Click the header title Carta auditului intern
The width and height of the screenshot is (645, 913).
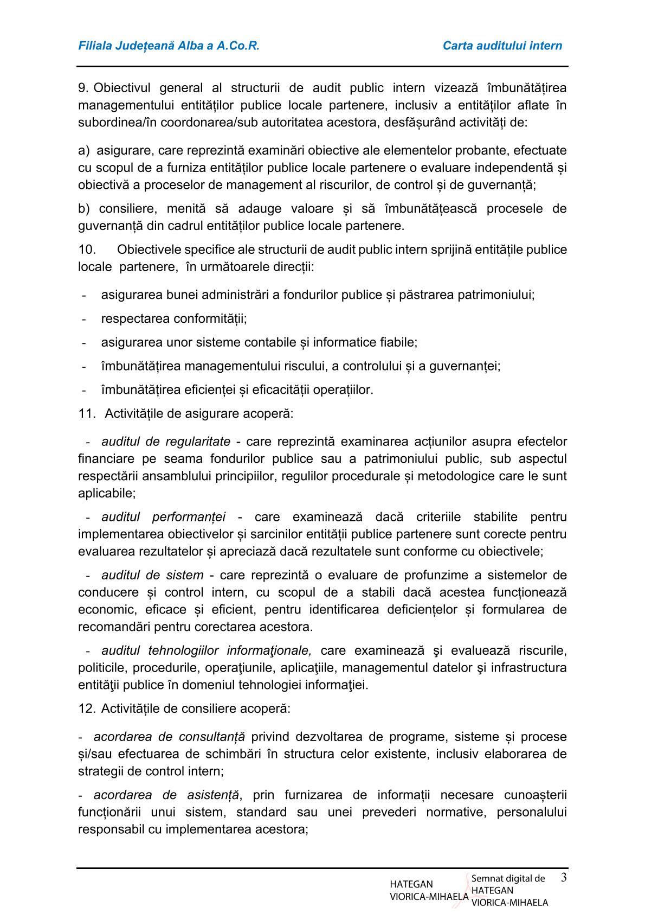[x=502, y=46]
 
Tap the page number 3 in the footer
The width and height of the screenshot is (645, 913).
[x=564, y=877]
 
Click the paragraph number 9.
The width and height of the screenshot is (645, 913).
[x=84, y=88]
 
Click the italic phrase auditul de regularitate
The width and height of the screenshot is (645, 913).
[x=165, y=442]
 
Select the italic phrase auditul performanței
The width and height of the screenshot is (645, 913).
[x=163, y=517]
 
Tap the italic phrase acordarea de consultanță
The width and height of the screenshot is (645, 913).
[x=169, y=737]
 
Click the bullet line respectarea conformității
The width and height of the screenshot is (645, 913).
[x=173, y=319]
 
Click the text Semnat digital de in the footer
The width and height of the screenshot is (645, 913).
[x=508, y=879]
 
